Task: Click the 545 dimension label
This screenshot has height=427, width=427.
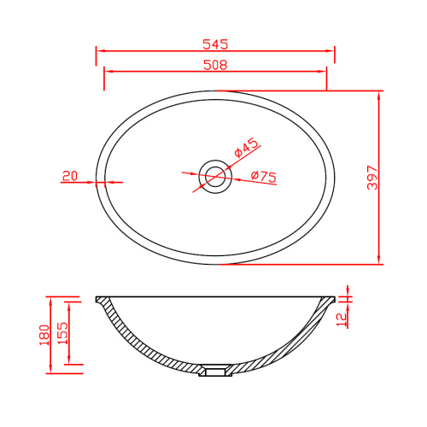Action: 215,44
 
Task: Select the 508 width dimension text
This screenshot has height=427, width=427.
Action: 215,65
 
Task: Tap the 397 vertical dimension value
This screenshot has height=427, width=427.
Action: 372,178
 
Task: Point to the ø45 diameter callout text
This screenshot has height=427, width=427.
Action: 247,148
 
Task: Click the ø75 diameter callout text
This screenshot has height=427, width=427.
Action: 264,177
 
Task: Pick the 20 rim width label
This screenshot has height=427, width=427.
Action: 70,176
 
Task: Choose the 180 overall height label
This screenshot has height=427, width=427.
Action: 44,335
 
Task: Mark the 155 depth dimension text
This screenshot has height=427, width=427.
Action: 63,333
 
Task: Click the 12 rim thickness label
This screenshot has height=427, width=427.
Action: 342,319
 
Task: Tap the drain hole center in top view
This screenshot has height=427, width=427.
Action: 215,177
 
